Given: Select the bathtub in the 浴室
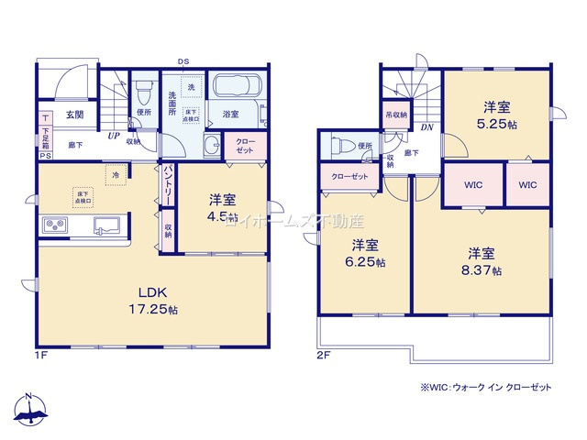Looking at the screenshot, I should click(x=238, y=92).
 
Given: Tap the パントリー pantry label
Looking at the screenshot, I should click(x=169, y=187).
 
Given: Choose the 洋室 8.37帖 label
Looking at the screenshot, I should click(x=482, y=261).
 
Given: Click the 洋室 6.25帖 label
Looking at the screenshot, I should click(x=366, y=253).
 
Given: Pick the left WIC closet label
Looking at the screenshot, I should click(x=473, y=185).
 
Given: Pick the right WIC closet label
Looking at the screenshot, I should click(x=527, y=185).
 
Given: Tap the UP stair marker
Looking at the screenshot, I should click(x=115, y=137).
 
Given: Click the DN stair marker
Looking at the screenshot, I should click(x=427, y=128).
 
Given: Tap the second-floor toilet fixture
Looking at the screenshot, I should click(x=338, y=146).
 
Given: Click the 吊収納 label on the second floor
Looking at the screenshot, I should click(x=396, y=116).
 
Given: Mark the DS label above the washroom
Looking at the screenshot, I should click(x=184, y=61).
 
